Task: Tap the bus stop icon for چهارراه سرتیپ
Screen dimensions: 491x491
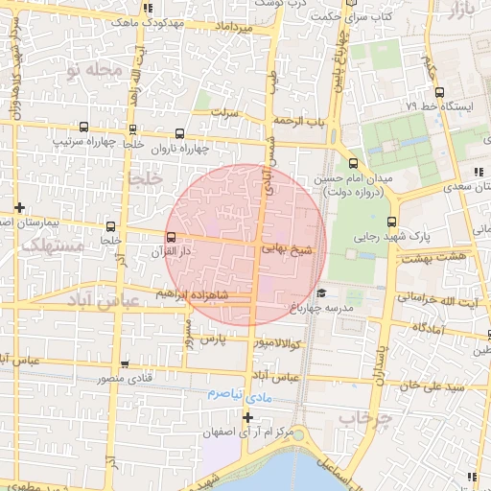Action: [83, 127]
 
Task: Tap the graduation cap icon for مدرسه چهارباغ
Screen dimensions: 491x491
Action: [321, 293]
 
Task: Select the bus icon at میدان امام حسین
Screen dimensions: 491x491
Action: [353, 163]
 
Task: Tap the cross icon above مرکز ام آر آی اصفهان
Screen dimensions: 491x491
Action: [248, 417]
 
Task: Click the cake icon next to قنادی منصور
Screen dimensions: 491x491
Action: [126, 363]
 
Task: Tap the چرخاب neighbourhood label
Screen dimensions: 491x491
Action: [366, 418]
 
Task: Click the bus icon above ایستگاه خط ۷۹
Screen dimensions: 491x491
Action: [438, 93]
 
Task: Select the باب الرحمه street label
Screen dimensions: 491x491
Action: [299, 122]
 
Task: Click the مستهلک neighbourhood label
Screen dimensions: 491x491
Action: [53, 246]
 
